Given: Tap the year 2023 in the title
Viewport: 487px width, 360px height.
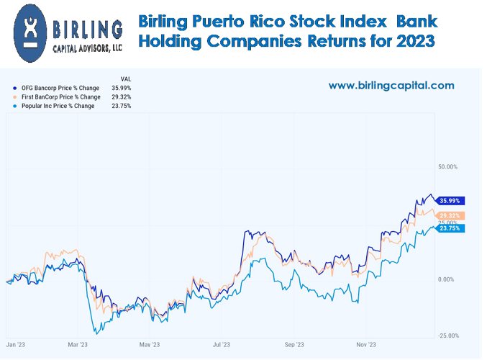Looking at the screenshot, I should point(415,42).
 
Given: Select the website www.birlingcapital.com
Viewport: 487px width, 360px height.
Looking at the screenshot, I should point(391,85).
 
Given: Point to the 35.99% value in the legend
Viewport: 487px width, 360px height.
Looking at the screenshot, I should point(121,88).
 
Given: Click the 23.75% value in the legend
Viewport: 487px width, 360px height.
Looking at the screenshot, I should point(121,106).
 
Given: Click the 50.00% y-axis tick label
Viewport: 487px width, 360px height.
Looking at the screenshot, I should point(447,167).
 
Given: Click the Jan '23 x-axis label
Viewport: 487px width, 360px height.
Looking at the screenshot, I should point(17,345).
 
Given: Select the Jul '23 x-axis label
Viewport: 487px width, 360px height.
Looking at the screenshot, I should point(221,345).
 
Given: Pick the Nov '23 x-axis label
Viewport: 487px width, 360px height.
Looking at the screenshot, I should point(366,345).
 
